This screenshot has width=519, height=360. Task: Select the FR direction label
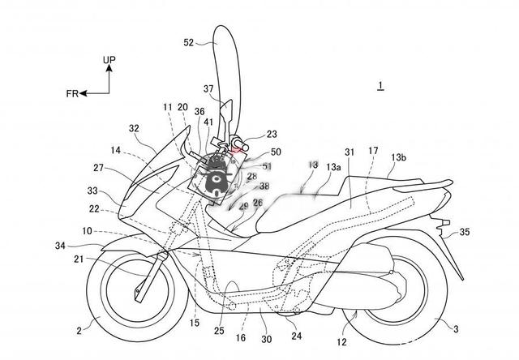coord(73,93)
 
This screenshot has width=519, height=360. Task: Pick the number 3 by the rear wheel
coord(456,328)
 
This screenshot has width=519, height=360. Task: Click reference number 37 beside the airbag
coord(208,88)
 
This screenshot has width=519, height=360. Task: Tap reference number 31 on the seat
coord(350,152)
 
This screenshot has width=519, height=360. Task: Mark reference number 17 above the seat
coord(373,150)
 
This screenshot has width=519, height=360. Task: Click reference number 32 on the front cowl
coord(134,127)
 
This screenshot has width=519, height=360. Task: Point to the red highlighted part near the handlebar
coord(238,147)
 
